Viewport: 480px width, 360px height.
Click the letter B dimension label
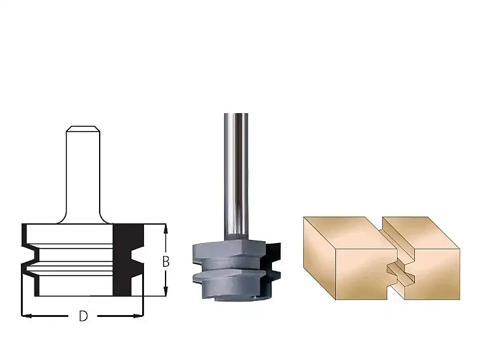coord(166,262)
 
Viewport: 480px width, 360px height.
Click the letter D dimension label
coord(83,316)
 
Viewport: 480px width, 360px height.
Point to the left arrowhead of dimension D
coord(26,316)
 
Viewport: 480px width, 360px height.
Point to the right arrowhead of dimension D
coord(138,316)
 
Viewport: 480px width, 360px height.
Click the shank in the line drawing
coord(83,175)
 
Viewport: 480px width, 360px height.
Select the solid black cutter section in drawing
coord(128,260)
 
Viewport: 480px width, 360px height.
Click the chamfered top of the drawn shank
coord(83,129)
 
